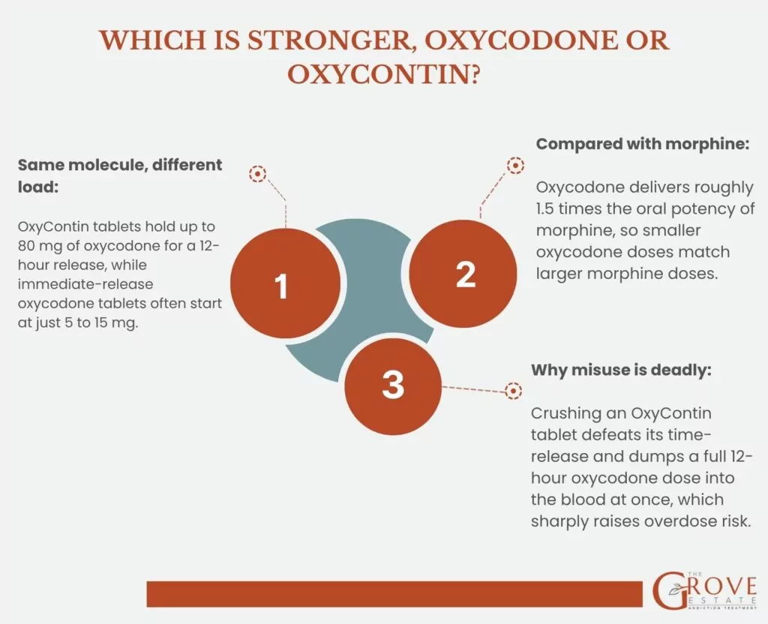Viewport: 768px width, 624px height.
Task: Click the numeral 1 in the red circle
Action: (x=281, y=286)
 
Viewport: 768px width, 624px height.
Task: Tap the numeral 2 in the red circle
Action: (x=465, y=274)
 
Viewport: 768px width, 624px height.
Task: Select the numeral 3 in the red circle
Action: (x=393, y=385)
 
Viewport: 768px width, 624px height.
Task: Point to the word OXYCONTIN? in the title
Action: (x=383, y=74)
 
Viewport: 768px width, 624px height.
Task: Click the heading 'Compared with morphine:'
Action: (x=643, y=144)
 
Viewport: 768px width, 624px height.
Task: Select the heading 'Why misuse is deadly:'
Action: (x=621, y=370)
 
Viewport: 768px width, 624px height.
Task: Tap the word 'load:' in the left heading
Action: (x=38, y=187)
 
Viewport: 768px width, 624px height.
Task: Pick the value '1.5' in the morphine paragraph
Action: (x=544, y=209)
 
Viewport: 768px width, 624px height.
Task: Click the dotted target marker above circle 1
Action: (x=257, y=173)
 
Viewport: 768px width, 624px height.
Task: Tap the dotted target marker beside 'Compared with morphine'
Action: (x=515, y=166)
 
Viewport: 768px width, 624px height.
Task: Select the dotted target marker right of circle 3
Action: (x=513, y=391)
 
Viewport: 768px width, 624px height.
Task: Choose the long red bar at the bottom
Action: (x=394, y=594)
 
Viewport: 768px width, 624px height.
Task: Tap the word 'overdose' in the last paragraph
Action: (x=679, y=521)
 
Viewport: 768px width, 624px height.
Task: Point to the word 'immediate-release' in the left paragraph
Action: (x=85, y=284)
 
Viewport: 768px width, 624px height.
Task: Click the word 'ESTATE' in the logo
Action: (x=722, y=601)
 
